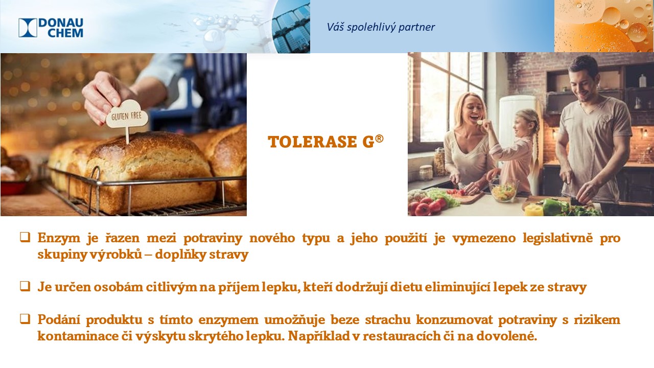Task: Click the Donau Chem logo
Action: [x=51, y=28]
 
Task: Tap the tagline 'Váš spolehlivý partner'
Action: [x=381, y=27]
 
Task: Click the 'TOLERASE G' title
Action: [x=321, y=142]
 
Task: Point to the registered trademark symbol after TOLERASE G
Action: [x=379, y=139]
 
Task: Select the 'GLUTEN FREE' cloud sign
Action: [x=127, y=115]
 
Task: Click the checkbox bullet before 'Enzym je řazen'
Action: [x=25, y=237]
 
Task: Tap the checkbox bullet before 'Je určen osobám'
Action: [x=25, y=286]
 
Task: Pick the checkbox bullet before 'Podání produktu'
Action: [x=25, y=319]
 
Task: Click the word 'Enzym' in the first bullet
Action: [x=59, y=238]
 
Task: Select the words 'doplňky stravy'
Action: [x=201, y=255]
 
